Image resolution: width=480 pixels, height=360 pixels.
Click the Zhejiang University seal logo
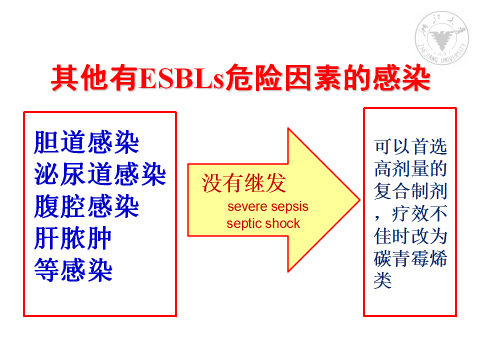tap(441, 38)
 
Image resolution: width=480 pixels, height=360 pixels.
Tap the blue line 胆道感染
tap(86, 142)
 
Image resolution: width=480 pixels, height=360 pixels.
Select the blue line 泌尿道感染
tap(100, 174)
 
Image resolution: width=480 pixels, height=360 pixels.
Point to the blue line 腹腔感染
tap(86, 206)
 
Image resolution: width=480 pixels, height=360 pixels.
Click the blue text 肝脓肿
tap(73, 238)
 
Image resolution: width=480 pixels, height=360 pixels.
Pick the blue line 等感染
tap(73, 270)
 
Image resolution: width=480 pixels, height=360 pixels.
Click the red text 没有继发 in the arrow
tap(244, 183)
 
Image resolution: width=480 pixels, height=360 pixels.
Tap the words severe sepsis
tap(268, 206)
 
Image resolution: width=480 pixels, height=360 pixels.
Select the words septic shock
tap(263, 223)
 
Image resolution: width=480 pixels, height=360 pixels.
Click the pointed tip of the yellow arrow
tap(360, 200)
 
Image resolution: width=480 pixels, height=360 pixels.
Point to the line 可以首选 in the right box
tap(410, 146)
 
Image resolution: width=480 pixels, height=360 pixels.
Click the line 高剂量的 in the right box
tap(410, 168)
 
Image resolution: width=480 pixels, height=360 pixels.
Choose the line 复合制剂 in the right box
tap(410, 191)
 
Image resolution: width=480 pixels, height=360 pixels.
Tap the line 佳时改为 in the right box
tap(410, 236)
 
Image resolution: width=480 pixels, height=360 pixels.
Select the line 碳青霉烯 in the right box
tap(410, 258)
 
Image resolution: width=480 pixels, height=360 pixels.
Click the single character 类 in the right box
tap(382, 280)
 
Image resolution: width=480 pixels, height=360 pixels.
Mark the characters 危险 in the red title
tap(254, 78)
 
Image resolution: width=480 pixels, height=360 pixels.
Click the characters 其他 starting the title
tap(80, 78)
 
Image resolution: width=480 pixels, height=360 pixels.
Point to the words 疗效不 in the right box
tap(419, 213)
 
